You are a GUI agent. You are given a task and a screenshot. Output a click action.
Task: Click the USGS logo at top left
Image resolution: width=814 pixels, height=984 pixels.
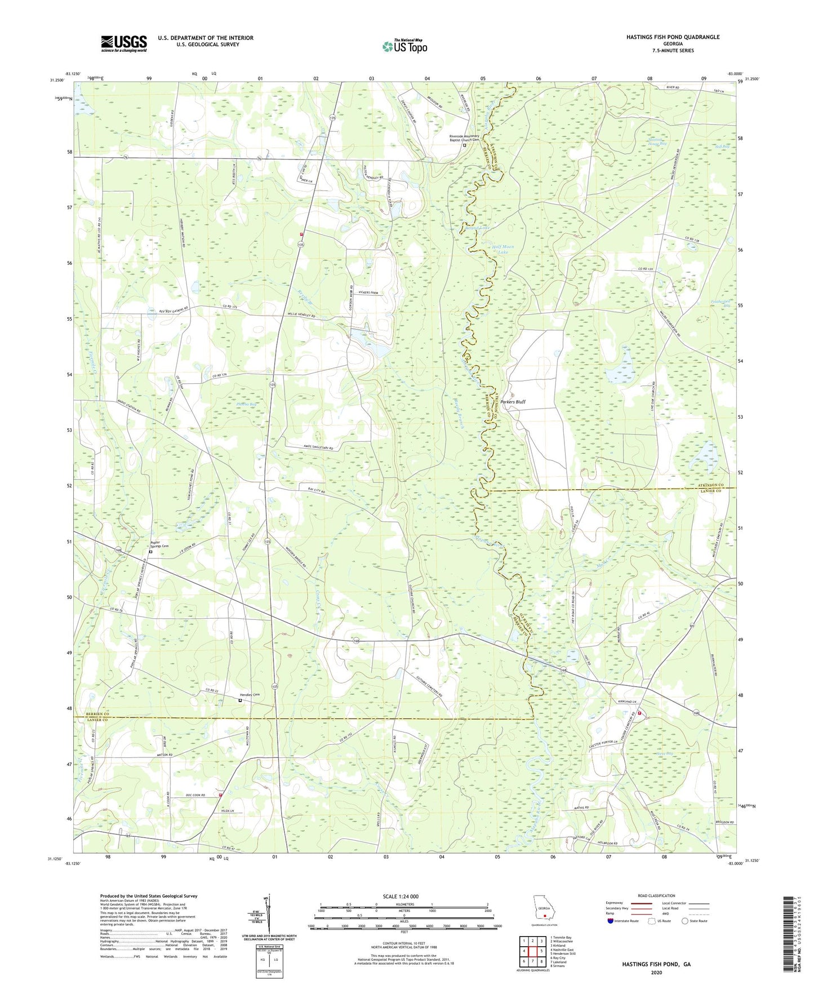pyautogui.click(x=124, y=43)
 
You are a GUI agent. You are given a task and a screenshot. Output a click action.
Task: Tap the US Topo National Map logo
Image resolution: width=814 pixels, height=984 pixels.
pyautogui.click(x=404, y=46)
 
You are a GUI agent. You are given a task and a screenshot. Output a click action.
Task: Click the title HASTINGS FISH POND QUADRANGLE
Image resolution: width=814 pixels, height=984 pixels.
pyautogui.click(x=673, y=37)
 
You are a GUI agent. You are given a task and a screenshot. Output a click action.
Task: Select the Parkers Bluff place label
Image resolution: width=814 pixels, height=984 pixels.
pyautogui.click(x=513, y=402)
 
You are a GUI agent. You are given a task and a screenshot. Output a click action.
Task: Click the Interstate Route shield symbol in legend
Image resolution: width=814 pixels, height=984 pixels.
pyautogui.click(x=611, y=921)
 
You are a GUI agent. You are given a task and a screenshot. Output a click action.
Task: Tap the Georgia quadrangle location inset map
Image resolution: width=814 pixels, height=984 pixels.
pyautogui.click(x=544, y=913)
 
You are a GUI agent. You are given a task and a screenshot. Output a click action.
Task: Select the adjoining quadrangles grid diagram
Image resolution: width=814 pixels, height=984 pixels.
pyautogui.click(x=532, y=950)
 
